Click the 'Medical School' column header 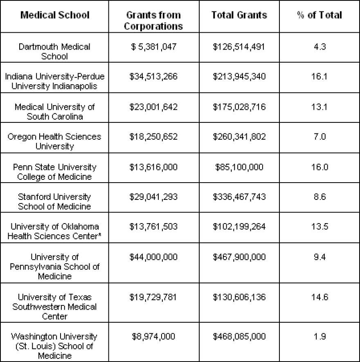(55, 16)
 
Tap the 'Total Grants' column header (239, 16)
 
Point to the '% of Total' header (319, 16)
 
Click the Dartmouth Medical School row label (54, 52)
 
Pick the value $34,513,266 (153, 77)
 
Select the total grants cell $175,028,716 (239, 107)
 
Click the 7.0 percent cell (319, 137)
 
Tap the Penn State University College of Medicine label (54, 172)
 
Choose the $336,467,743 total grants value (239, 197)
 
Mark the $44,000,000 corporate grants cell (153, 257)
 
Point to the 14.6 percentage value (319, 297)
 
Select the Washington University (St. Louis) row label (54, 346)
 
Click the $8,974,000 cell (153, 337)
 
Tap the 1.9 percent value (319, 337)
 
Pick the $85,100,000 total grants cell (239, 167)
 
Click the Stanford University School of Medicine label (54, 202)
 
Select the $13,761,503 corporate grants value (153, 227)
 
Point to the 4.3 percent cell (319, 47)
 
